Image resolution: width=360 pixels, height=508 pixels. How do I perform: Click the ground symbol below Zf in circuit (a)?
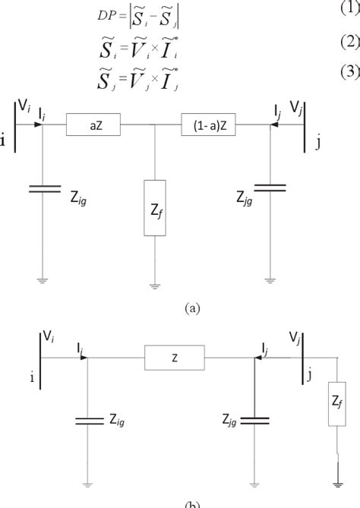point(155,286)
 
